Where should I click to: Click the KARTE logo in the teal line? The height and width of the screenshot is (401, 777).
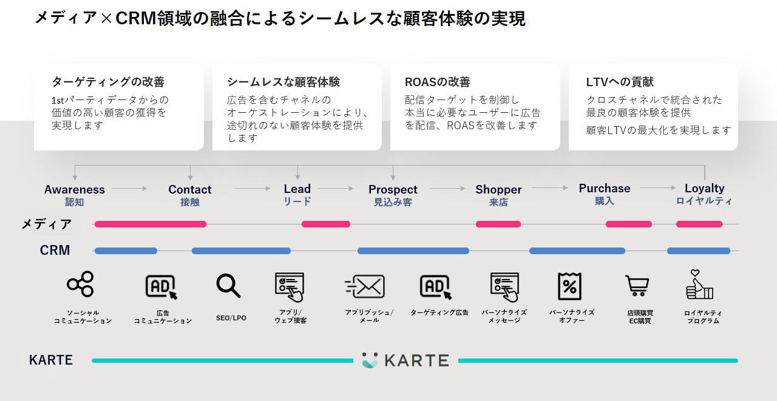[405, 360]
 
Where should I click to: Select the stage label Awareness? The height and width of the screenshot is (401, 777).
[75, 189]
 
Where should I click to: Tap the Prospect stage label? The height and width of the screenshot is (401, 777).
[393, 189]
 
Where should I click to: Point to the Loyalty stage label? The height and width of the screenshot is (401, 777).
[704, 188]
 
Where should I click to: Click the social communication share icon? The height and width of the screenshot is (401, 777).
[81, 284]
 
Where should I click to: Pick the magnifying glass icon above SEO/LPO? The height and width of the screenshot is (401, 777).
[229, 286]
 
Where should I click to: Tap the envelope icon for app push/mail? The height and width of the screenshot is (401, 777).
[365, 286]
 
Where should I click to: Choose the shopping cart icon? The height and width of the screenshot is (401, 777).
[637, 286]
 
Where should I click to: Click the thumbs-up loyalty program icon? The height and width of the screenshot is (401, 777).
[699, 285]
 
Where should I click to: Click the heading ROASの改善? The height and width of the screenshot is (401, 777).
[437, 82]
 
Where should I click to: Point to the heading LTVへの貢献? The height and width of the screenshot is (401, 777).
[620, 82]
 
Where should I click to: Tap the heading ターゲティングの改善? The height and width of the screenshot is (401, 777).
[108, 82]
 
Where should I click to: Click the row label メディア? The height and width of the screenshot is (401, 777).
[47, 224]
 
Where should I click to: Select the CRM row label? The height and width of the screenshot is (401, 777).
[55, 250]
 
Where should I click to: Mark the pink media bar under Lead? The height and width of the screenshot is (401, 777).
[326, 224]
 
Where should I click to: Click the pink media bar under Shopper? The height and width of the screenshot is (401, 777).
[498, 224]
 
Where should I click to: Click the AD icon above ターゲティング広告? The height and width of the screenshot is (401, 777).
[435, 286]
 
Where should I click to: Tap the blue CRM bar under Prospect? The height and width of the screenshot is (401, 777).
[413, 251]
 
